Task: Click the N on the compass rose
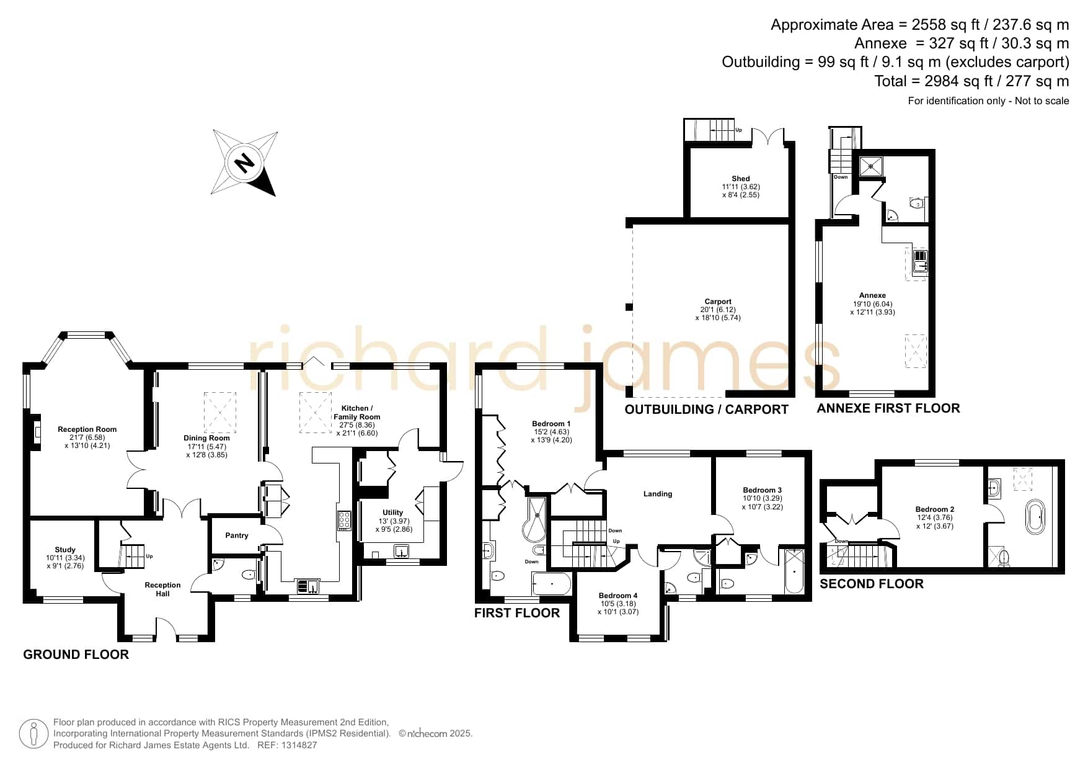(245, 163)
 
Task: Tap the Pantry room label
(237, 535)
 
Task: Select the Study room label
(65, 550)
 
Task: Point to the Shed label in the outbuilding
(741, 179)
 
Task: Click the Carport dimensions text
(718, 314)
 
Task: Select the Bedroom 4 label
(618, 596)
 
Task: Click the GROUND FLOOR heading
(76, 655)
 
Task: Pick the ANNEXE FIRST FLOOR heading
(888, 408)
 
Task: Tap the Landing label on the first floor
(658, 494)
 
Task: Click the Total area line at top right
(971, 81)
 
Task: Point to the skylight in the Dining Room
(220, 411)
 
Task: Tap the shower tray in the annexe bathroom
(872, 166)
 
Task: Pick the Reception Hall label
(162, 589)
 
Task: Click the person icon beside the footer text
(34, 734)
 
